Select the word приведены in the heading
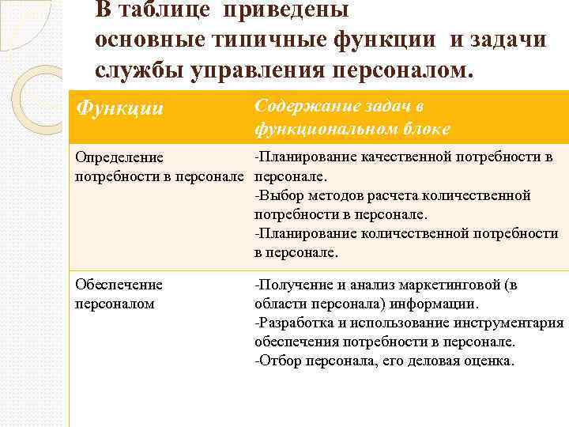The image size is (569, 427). [286, 10]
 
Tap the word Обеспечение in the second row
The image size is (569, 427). [119, 285]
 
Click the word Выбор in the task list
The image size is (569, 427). [278, 195]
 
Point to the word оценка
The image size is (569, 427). [491, 361]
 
